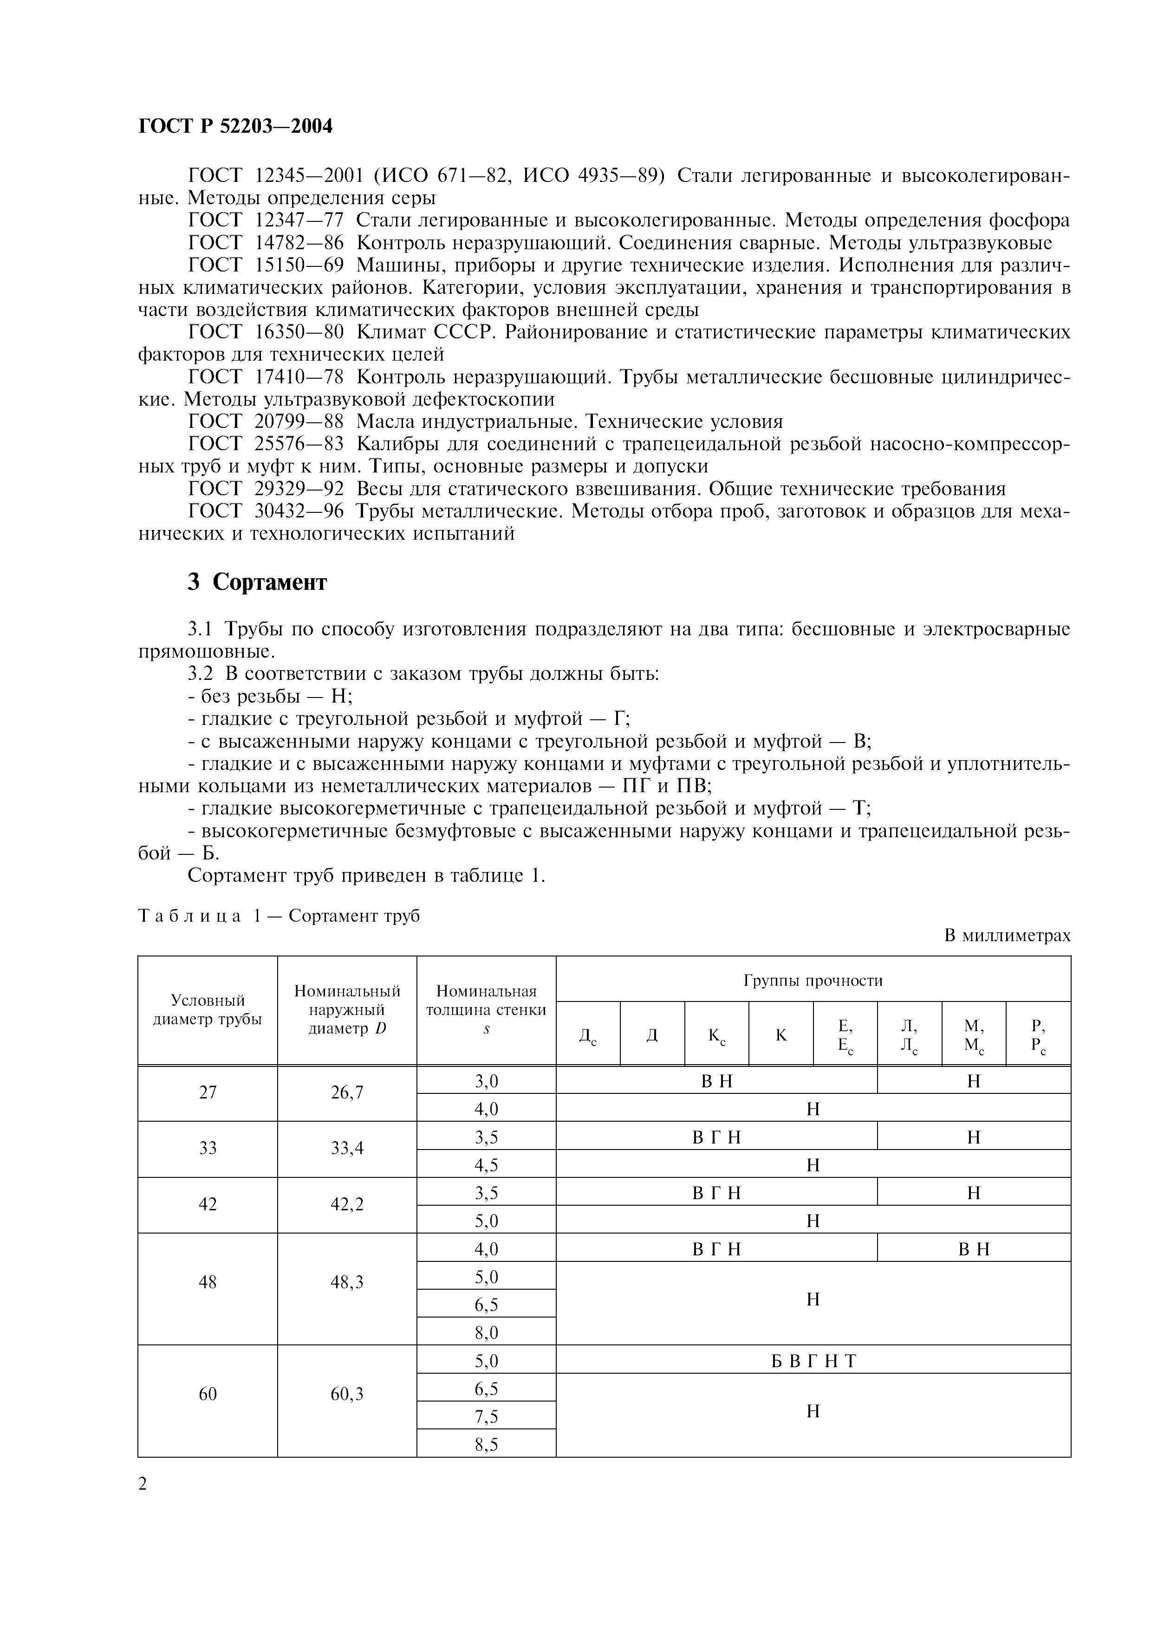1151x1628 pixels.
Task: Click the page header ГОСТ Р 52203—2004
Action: pos(235,126)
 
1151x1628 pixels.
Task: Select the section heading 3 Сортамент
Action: pos(257,582)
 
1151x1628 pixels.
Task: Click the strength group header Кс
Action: pos(716,1035)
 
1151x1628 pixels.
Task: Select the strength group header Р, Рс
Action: pos(1038,1036)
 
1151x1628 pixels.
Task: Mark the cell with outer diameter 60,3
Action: pos(347,1395)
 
